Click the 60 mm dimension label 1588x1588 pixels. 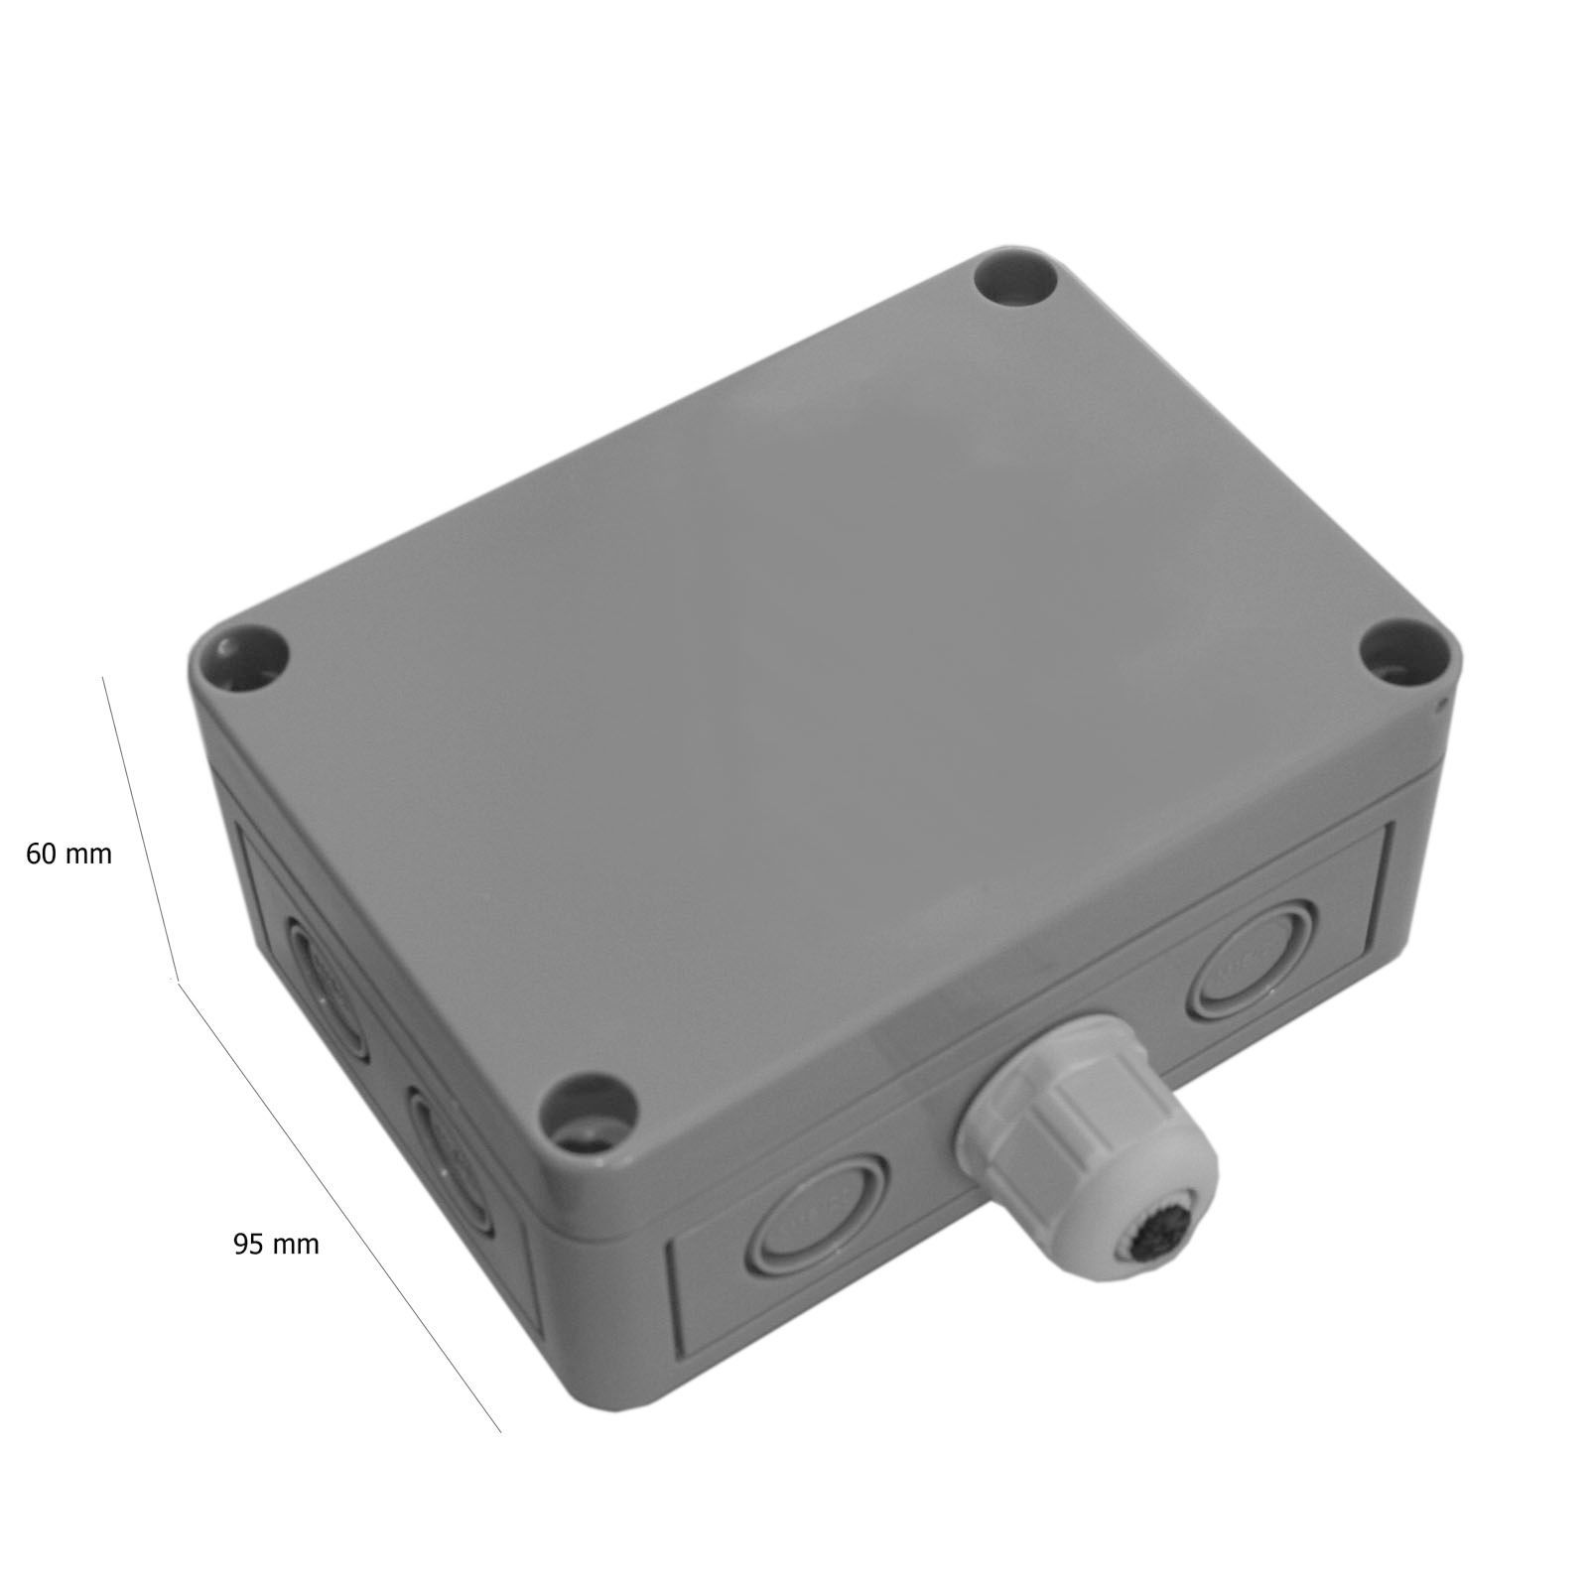click(68, 854)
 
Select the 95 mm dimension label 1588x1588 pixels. click(276, 1244)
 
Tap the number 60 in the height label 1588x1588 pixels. click(41, 854)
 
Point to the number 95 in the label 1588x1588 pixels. click(248, 1244)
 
